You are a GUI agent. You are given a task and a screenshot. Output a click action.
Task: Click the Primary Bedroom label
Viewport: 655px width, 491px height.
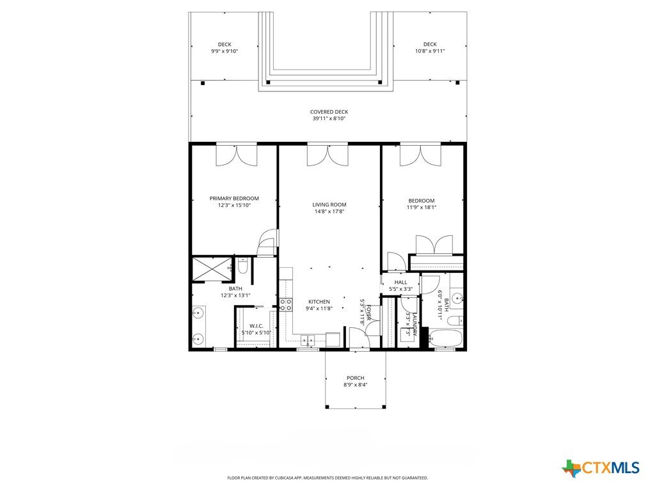(234, 198)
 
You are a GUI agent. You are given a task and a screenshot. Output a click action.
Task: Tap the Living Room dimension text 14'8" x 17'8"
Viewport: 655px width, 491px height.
(329, 211)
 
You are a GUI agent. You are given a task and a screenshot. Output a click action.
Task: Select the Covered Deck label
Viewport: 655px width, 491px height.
(329, 112)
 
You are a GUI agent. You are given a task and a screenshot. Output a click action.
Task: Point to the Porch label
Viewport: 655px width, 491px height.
(356, 378)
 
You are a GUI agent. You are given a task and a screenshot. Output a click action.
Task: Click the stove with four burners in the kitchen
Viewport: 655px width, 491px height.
(286, 304)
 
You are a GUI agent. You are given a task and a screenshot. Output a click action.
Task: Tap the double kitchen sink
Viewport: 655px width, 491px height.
(308, 339)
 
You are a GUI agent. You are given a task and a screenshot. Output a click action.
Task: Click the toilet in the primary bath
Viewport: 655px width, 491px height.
(242, 266)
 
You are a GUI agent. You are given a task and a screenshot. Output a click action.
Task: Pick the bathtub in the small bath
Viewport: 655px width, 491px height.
(446, 338)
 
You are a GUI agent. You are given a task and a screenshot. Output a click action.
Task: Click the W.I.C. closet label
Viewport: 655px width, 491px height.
(256, 325)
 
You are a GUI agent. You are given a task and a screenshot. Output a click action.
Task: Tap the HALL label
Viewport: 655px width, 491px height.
(400, 282)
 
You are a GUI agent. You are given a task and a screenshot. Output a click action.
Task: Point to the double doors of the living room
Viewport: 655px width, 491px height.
(327, 155)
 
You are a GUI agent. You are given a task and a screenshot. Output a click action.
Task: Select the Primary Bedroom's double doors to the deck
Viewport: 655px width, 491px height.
(237, 155)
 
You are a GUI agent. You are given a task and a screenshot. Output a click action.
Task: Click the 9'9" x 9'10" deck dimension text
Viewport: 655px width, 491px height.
(225, 51)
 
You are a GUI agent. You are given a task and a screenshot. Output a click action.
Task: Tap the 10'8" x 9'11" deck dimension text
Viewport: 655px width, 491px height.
(430, 51)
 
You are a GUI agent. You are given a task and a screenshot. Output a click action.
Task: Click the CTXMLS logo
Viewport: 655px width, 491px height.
(600, 467)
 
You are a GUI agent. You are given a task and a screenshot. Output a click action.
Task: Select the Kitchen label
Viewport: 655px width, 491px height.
(319, 302)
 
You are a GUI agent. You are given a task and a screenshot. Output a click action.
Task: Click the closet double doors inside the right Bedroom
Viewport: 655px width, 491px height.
(434, 245)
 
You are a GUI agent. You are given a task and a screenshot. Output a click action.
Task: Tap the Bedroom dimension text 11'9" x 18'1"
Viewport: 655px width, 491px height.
(422, 207)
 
